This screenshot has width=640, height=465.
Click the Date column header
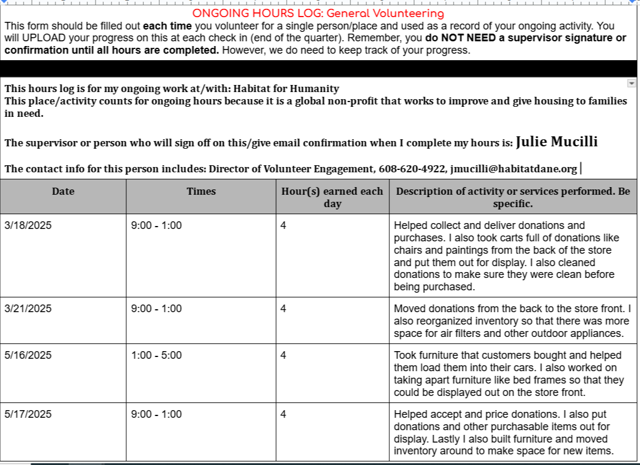pyautogui.click(x=63, y=191)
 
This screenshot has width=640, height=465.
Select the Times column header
pyautogui.click(x=201, y=191)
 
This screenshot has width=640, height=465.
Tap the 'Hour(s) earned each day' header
pyautogui.click(x=333, y=197)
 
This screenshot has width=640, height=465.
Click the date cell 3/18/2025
pyautogui.click(x=28, y=225)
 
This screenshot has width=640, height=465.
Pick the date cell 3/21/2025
pyautogui.click(x=28, y=309)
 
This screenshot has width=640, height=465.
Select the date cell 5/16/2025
pyautogui.click(x=28, y=355)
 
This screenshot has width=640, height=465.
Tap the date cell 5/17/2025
pyautogui.click(x=28, y=414)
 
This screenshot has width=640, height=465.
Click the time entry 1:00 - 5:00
pyautogui.click(x=156, y=355)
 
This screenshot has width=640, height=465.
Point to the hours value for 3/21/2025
pyautogui.click(x=284, y=309)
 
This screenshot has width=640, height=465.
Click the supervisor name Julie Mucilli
pyautogui.click(x=556, y=142)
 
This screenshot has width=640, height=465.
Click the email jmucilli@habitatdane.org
pyautogui.click(x=513, y=169)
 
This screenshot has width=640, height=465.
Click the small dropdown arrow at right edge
pyautogui.click(x=632, y=84)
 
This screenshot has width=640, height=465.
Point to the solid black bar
pyautogui.click(x=319, y=68)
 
